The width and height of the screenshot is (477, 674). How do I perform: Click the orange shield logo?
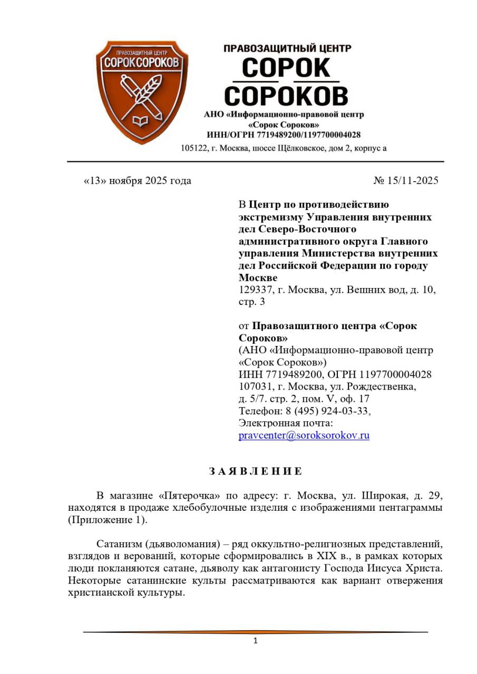click(x=141, y=90)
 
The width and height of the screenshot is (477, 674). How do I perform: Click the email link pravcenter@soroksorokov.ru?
click(x=304, y=435)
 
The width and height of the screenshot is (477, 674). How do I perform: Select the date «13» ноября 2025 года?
click(x=138, y=181)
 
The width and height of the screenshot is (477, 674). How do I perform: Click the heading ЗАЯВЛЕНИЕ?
click(x=255, y=471)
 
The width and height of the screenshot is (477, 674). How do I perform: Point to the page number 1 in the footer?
click(x=255, y=641)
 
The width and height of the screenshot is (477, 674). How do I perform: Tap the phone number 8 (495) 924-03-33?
click(x=327, y=411)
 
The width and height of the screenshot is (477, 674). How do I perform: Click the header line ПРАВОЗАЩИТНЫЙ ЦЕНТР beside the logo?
click(x=287, y=48)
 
